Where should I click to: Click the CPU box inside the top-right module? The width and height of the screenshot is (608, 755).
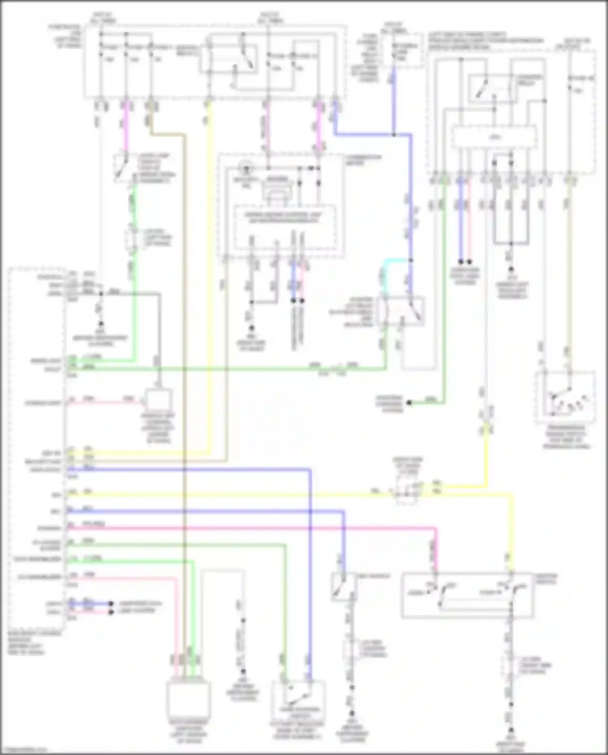494,137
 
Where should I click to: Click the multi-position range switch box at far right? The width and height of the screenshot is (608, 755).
566,397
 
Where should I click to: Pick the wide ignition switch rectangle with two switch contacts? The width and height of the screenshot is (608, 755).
467,596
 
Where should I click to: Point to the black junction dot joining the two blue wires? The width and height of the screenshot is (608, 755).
394,134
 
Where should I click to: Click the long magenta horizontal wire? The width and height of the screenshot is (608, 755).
251,528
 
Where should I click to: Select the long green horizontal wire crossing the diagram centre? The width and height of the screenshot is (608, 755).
227,369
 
